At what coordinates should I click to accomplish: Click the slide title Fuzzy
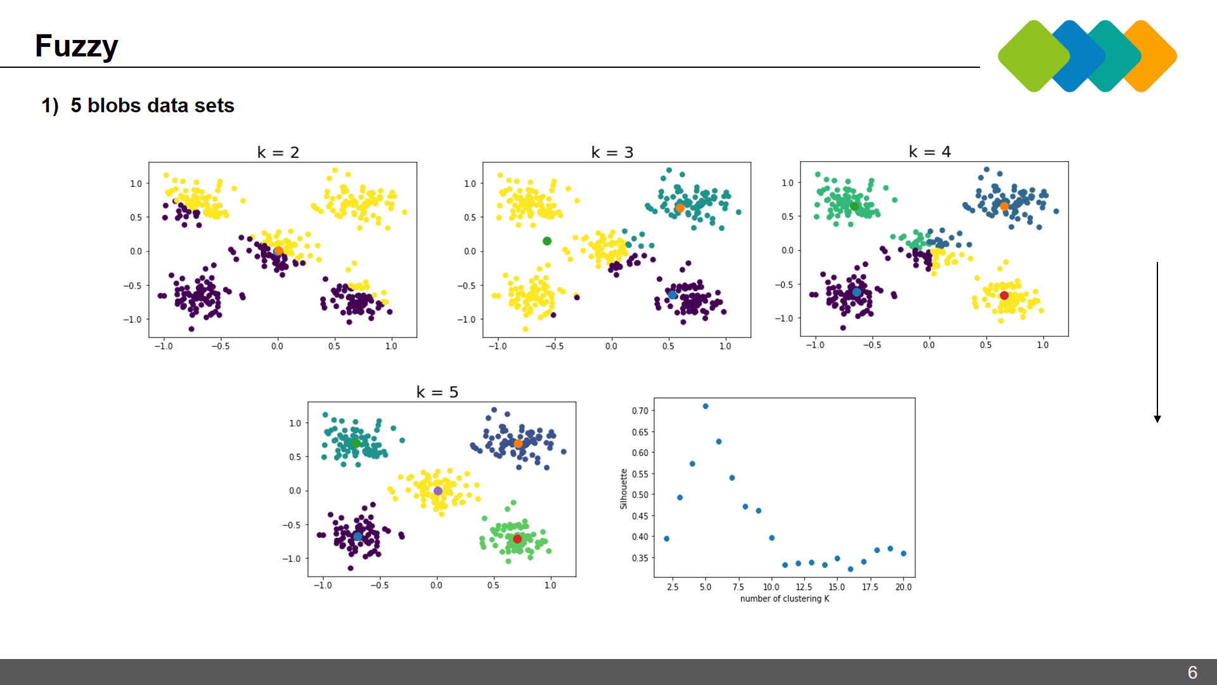pos(76,46)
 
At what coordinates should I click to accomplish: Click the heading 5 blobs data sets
pos(152,105)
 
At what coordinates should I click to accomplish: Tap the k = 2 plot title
pos(278,152)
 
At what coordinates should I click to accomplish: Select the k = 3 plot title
pos(612,152)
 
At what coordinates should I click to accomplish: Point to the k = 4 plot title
pos(929,152)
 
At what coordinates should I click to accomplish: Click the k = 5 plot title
pos(437,392)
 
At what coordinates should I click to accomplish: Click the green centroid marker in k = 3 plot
pos(547,241)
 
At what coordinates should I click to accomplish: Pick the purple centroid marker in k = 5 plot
pos(438,491)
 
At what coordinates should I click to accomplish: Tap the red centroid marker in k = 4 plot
pos(1004,296)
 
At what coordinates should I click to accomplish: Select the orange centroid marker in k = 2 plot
pos(278,251)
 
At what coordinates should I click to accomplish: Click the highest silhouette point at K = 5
pos(705,407)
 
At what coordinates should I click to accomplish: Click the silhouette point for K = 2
pos(666,538)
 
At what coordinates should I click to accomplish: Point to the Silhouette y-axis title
pos(624,488)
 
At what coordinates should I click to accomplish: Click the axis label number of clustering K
pos(784,599)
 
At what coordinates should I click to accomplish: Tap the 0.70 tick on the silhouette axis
pos(640,411)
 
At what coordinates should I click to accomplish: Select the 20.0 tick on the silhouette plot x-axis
pos(903,587)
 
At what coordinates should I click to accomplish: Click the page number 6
pos(1192,672)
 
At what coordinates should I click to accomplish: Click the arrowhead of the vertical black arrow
pos(1157,419)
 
